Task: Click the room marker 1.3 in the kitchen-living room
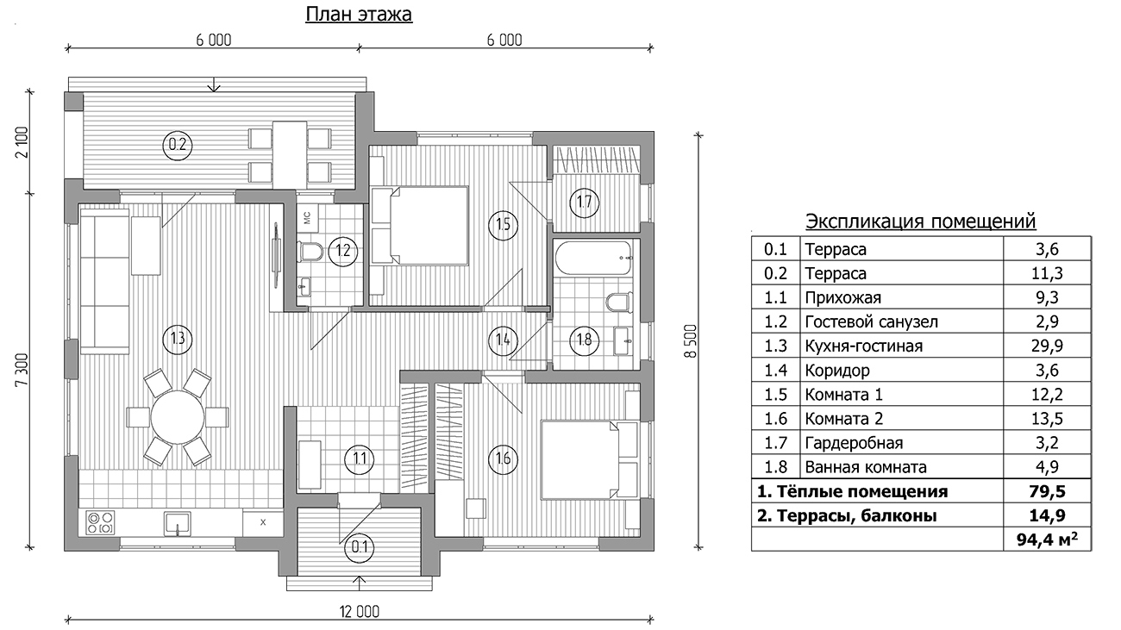[x=178, y=340]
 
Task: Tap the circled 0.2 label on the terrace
[x=178, y=145]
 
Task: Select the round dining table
[x=178, y=417]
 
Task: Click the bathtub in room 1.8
[x=594, y=258]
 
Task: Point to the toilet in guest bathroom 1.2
[x=310, y=252]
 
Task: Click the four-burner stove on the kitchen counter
[x=100, y=522]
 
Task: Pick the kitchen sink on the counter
[x=178, y=523]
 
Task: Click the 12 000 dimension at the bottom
[x=360, y=612]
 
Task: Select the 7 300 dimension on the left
[x=22, y=370]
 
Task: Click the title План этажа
[x=359, y=14]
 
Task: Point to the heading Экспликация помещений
[x=920, y=221]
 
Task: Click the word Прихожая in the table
[x=842, y=297]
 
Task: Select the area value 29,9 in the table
[x=1047, y=346]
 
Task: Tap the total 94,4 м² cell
[x=1047, y=539]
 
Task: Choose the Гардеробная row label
[x=854, y=443]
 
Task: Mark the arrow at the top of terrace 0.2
[x=214, y=85]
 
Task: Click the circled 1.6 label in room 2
[x=503, y=458]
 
